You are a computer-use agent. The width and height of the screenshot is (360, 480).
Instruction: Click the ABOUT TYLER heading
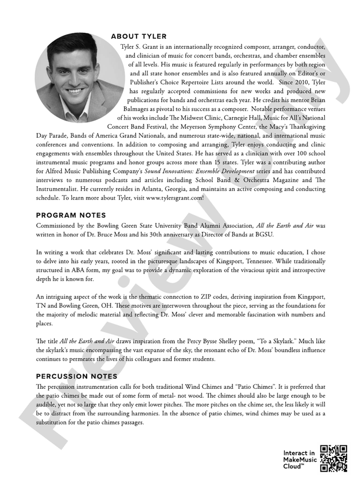139,36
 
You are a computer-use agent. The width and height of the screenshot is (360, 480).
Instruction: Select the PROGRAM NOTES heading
71,215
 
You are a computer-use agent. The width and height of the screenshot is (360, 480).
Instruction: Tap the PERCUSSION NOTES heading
77,376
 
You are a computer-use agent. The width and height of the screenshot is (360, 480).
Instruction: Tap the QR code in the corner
333,458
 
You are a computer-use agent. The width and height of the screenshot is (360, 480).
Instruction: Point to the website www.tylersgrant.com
175,198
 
